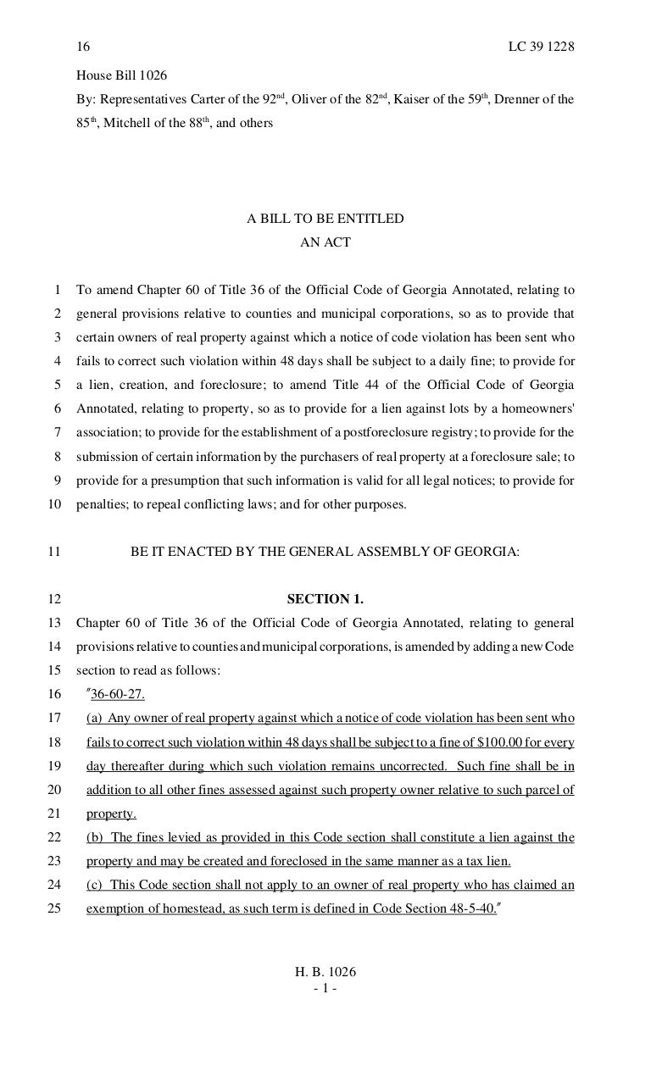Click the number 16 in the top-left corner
83,47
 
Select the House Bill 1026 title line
121,75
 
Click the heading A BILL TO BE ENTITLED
325,219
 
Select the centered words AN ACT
325,242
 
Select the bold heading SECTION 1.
325,599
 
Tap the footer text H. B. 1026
325,972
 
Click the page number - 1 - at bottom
325,988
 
